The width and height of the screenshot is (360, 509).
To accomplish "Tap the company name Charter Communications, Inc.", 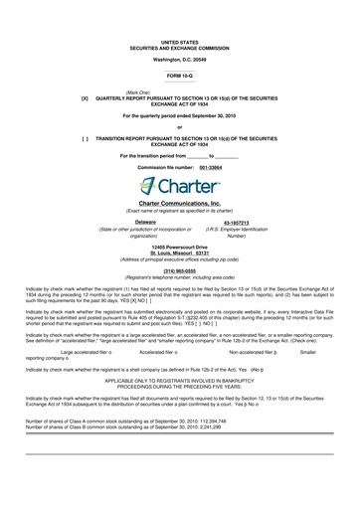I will click(x=179, y=203).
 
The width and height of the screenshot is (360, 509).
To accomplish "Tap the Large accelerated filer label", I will click(x=89, y=352).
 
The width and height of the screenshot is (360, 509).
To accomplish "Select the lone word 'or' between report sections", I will click(x=179, y=126).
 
